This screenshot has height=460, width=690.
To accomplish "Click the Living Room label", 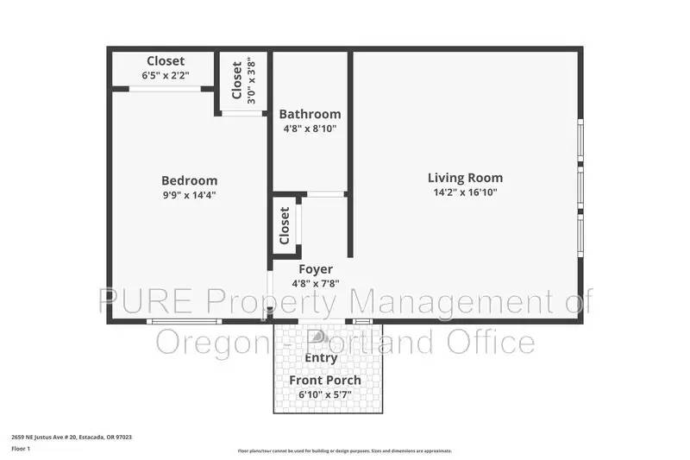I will pyautogui.click(x=465, y=179).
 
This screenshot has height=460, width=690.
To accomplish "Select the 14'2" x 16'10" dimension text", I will pyautogui.click(x=465, y=192).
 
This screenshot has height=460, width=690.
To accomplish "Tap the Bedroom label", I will pyautogui.click(x=190, y=180).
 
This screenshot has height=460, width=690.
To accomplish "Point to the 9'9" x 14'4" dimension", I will pyautogui.click(x=190, y=194).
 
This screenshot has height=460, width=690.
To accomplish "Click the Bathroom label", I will pyautogui.click(x=310, y=114).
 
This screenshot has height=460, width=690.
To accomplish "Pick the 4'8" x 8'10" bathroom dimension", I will pyautogui.click(x=310, y=129).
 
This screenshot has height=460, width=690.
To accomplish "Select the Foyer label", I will pyautogui.click(x=315, y=269).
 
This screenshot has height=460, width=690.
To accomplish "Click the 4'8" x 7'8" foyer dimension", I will pyautogui.click(x=315, y=283).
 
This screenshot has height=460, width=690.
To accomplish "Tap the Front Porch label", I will pyautogui.click(x=325, y=380).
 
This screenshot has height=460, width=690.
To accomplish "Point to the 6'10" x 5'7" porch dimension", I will pyautogui.click(x=325, y=394).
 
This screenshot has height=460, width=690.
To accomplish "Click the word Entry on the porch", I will pyautogui.click(x=322, y=357).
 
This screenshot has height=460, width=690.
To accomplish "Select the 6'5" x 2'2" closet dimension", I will pyautogui.click(x=165, y=76).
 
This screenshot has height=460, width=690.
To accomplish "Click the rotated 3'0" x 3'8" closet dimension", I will pyautogui.click(x=251, y=80).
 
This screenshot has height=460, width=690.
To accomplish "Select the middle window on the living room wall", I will pyautogui.click(x=581, y=184).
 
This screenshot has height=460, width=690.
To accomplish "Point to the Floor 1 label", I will pyautogui.click(x=21, y=449).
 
